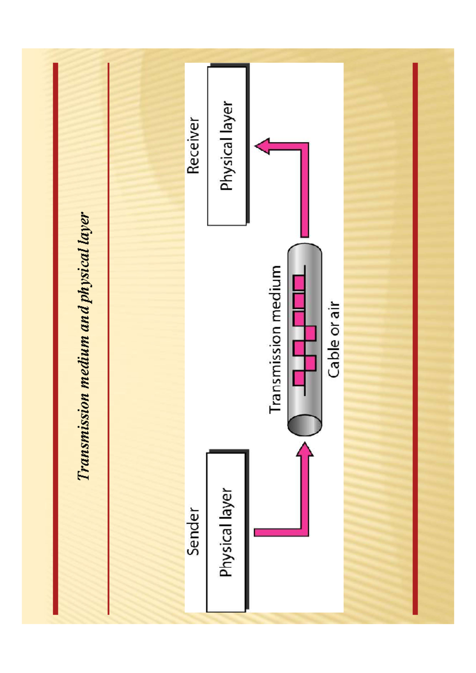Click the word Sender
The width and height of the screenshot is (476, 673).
194,531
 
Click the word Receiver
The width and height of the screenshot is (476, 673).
194,145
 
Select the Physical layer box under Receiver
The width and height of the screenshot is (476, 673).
226,146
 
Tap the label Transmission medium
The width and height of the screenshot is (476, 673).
275,339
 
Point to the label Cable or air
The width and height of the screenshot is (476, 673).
334,339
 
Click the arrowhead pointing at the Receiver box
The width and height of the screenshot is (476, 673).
263,146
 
